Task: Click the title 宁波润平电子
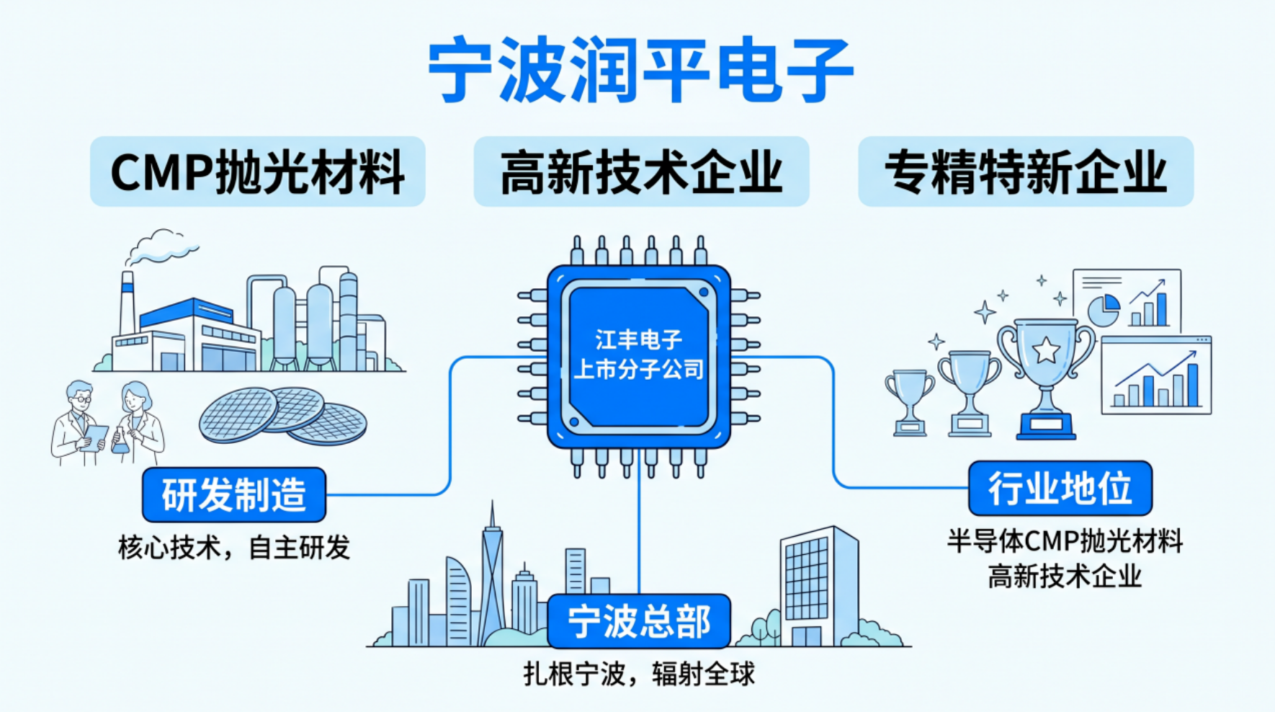pyautogui.click(x=640, y=71)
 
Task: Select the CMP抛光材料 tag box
pyautogui.click(x=257, y=172)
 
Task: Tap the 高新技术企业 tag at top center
pyautogui.click(x=641, y=172)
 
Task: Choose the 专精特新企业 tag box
pyautogui.click(x=1026, y=172)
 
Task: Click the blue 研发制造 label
pyautogui.click(x=234, y=494)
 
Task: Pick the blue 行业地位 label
pyautogui.click(x=1060, y=489)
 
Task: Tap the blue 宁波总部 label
pyautogui.click(x=639, y=621)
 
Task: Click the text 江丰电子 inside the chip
pyautogui.click(x=638, y=339)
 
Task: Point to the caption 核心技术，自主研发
pyautogui.click(x=234, y=548)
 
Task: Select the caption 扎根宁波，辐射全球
pyautogui.click(x=639, y=675)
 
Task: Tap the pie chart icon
pyautogui.click(x=1103, y=310)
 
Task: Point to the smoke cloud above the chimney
pyautogui.click(x=161, y=246)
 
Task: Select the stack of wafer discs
pyautogui.click(x=283, y=415)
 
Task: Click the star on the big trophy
pyautogui.click(x=1046, y=351)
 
